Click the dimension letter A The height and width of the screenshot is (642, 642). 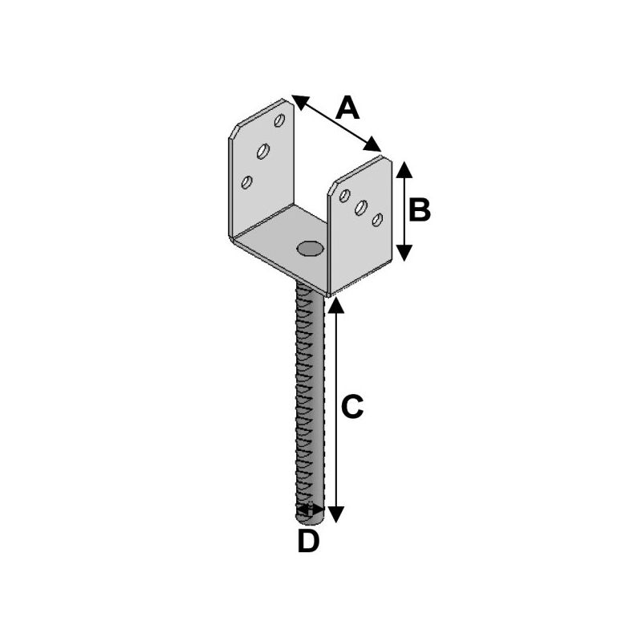pyautogui.click(x=347, y=108)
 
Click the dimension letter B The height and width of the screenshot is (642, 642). pyautogui.click(x=420, y=209)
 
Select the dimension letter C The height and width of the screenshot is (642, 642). pyautogui.click(x=352, y=407)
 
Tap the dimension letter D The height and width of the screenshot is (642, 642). pyautogui.click(x=308, y=540)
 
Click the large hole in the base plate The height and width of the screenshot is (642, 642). pyautogui.click(x=310, y=249)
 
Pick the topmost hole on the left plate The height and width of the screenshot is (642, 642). pyautogui.click(x=279, y=120)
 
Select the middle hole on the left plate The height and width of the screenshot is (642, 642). pyautogui.click(x=263, y=151)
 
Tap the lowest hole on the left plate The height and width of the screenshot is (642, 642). pyautogui.click(x=246, y=182)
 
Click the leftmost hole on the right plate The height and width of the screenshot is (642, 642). pyautogui.click(x=345, y=196)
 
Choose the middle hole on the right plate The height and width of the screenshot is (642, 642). pyautogui.click(x=360, y=208)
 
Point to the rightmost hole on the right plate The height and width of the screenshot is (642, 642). pyautogui.click(x=377, y=219)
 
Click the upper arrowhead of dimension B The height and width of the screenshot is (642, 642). pyautogui.click(x=404, y=169)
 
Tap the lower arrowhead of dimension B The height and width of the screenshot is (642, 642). pyautogui.click(x=404, y=253)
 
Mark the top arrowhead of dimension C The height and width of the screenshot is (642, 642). pyautogui.click(x=336, y=306)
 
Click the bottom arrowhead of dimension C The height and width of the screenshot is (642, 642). pyautogui.click(x=336, y=514)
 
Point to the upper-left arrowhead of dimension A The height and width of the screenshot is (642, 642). pyautogui.click(x=300, y=102)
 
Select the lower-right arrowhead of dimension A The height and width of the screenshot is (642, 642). pyautogui.click(x=372, y=144)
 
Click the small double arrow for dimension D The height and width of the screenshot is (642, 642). pyautogui.click(x=310, y=510)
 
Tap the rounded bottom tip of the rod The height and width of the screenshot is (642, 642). pyautogui.click(x=310, y=520)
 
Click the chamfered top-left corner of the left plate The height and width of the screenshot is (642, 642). pyautogui.click(x=234, y=131)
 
